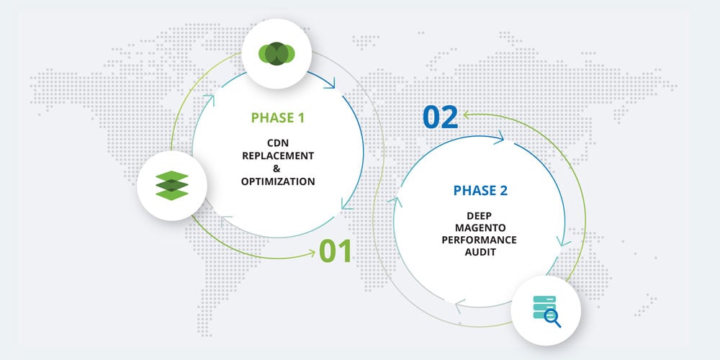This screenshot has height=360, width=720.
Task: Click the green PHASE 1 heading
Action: (x=277, y=118)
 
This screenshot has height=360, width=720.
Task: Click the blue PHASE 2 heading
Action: (x=481, y=190)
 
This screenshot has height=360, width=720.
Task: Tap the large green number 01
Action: (x=336, y=251)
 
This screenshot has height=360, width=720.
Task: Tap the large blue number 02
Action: (x=441, y=117)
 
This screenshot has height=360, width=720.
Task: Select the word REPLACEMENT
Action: (x=278, y=156)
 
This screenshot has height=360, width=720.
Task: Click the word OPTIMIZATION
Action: (x=278, y=181)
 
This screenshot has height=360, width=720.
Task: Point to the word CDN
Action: (x=278, y=143)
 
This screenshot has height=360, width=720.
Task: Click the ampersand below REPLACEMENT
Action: (x=276, y=168)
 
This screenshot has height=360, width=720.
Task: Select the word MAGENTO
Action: (x=480, y=228)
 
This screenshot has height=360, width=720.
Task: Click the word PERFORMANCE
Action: (x=480, y=240)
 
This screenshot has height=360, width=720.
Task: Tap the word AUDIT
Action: (x=480, y=252)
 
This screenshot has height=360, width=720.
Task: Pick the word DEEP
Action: (x=480, y=215)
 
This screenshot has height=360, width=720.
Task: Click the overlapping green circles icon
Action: (x=276, y=54)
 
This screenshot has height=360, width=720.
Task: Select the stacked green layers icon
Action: (x=172, y=186)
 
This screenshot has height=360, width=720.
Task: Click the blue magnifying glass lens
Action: (x=550, y=316)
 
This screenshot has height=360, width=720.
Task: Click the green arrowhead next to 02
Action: (x=467, y=114)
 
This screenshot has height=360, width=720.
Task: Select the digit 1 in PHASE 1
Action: (x=300, y=118)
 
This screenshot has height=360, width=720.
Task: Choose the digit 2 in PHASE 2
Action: (x=504, y=190)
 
